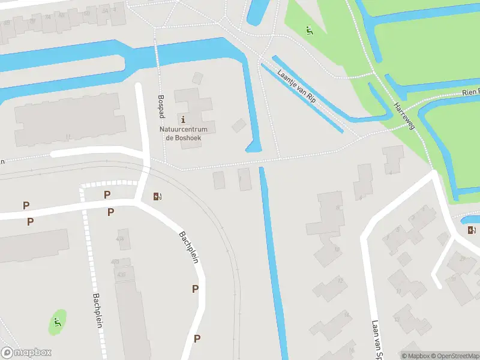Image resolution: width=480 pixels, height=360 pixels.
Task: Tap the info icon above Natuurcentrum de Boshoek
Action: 183,119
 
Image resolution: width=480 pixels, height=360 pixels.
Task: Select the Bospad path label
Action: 161,104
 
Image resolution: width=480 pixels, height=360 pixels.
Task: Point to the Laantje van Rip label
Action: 297,86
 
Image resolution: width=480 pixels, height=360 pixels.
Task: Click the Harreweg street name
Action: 405,115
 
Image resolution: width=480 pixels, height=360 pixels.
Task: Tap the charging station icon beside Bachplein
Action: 158,196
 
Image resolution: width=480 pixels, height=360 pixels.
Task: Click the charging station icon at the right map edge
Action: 472,230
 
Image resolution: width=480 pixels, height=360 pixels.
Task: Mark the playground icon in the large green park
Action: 310,30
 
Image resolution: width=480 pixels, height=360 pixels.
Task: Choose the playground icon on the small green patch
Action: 58,322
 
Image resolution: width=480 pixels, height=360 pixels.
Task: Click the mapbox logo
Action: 26,353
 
